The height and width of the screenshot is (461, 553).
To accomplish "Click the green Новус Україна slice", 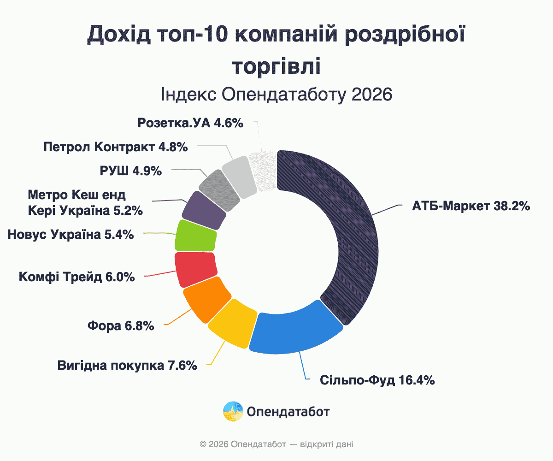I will (196, 236).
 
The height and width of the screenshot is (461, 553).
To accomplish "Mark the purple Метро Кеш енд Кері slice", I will (204, 210).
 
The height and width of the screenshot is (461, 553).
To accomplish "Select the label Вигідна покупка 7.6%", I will (128, 366).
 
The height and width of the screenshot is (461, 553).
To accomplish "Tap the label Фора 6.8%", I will (120, 326).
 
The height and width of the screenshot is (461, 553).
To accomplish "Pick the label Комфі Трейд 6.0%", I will (77, 277).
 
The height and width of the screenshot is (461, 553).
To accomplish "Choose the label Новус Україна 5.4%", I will (71, 235).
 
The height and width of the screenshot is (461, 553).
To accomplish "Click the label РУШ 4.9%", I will (131, 171).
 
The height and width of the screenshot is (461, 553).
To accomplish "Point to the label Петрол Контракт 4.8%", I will (116, 147).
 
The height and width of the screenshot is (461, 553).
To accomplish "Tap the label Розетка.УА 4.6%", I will (190, 123).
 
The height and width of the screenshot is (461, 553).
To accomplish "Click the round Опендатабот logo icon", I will (233, 411).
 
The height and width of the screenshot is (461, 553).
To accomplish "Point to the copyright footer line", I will (276, 445).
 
